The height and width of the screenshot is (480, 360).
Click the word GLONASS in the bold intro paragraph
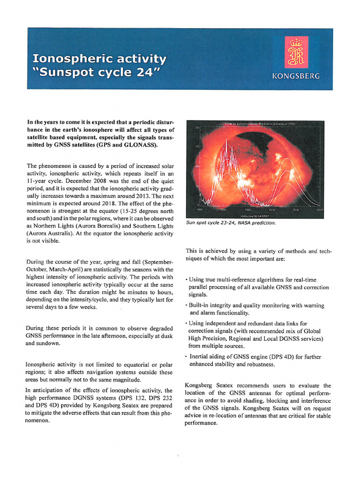(x=139, y=146)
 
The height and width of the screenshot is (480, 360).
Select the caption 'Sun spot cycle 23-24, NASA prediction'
(x=231, y=223)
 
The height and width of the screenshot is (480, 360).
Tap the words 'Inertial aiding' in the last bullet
(x=208, y=357)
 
